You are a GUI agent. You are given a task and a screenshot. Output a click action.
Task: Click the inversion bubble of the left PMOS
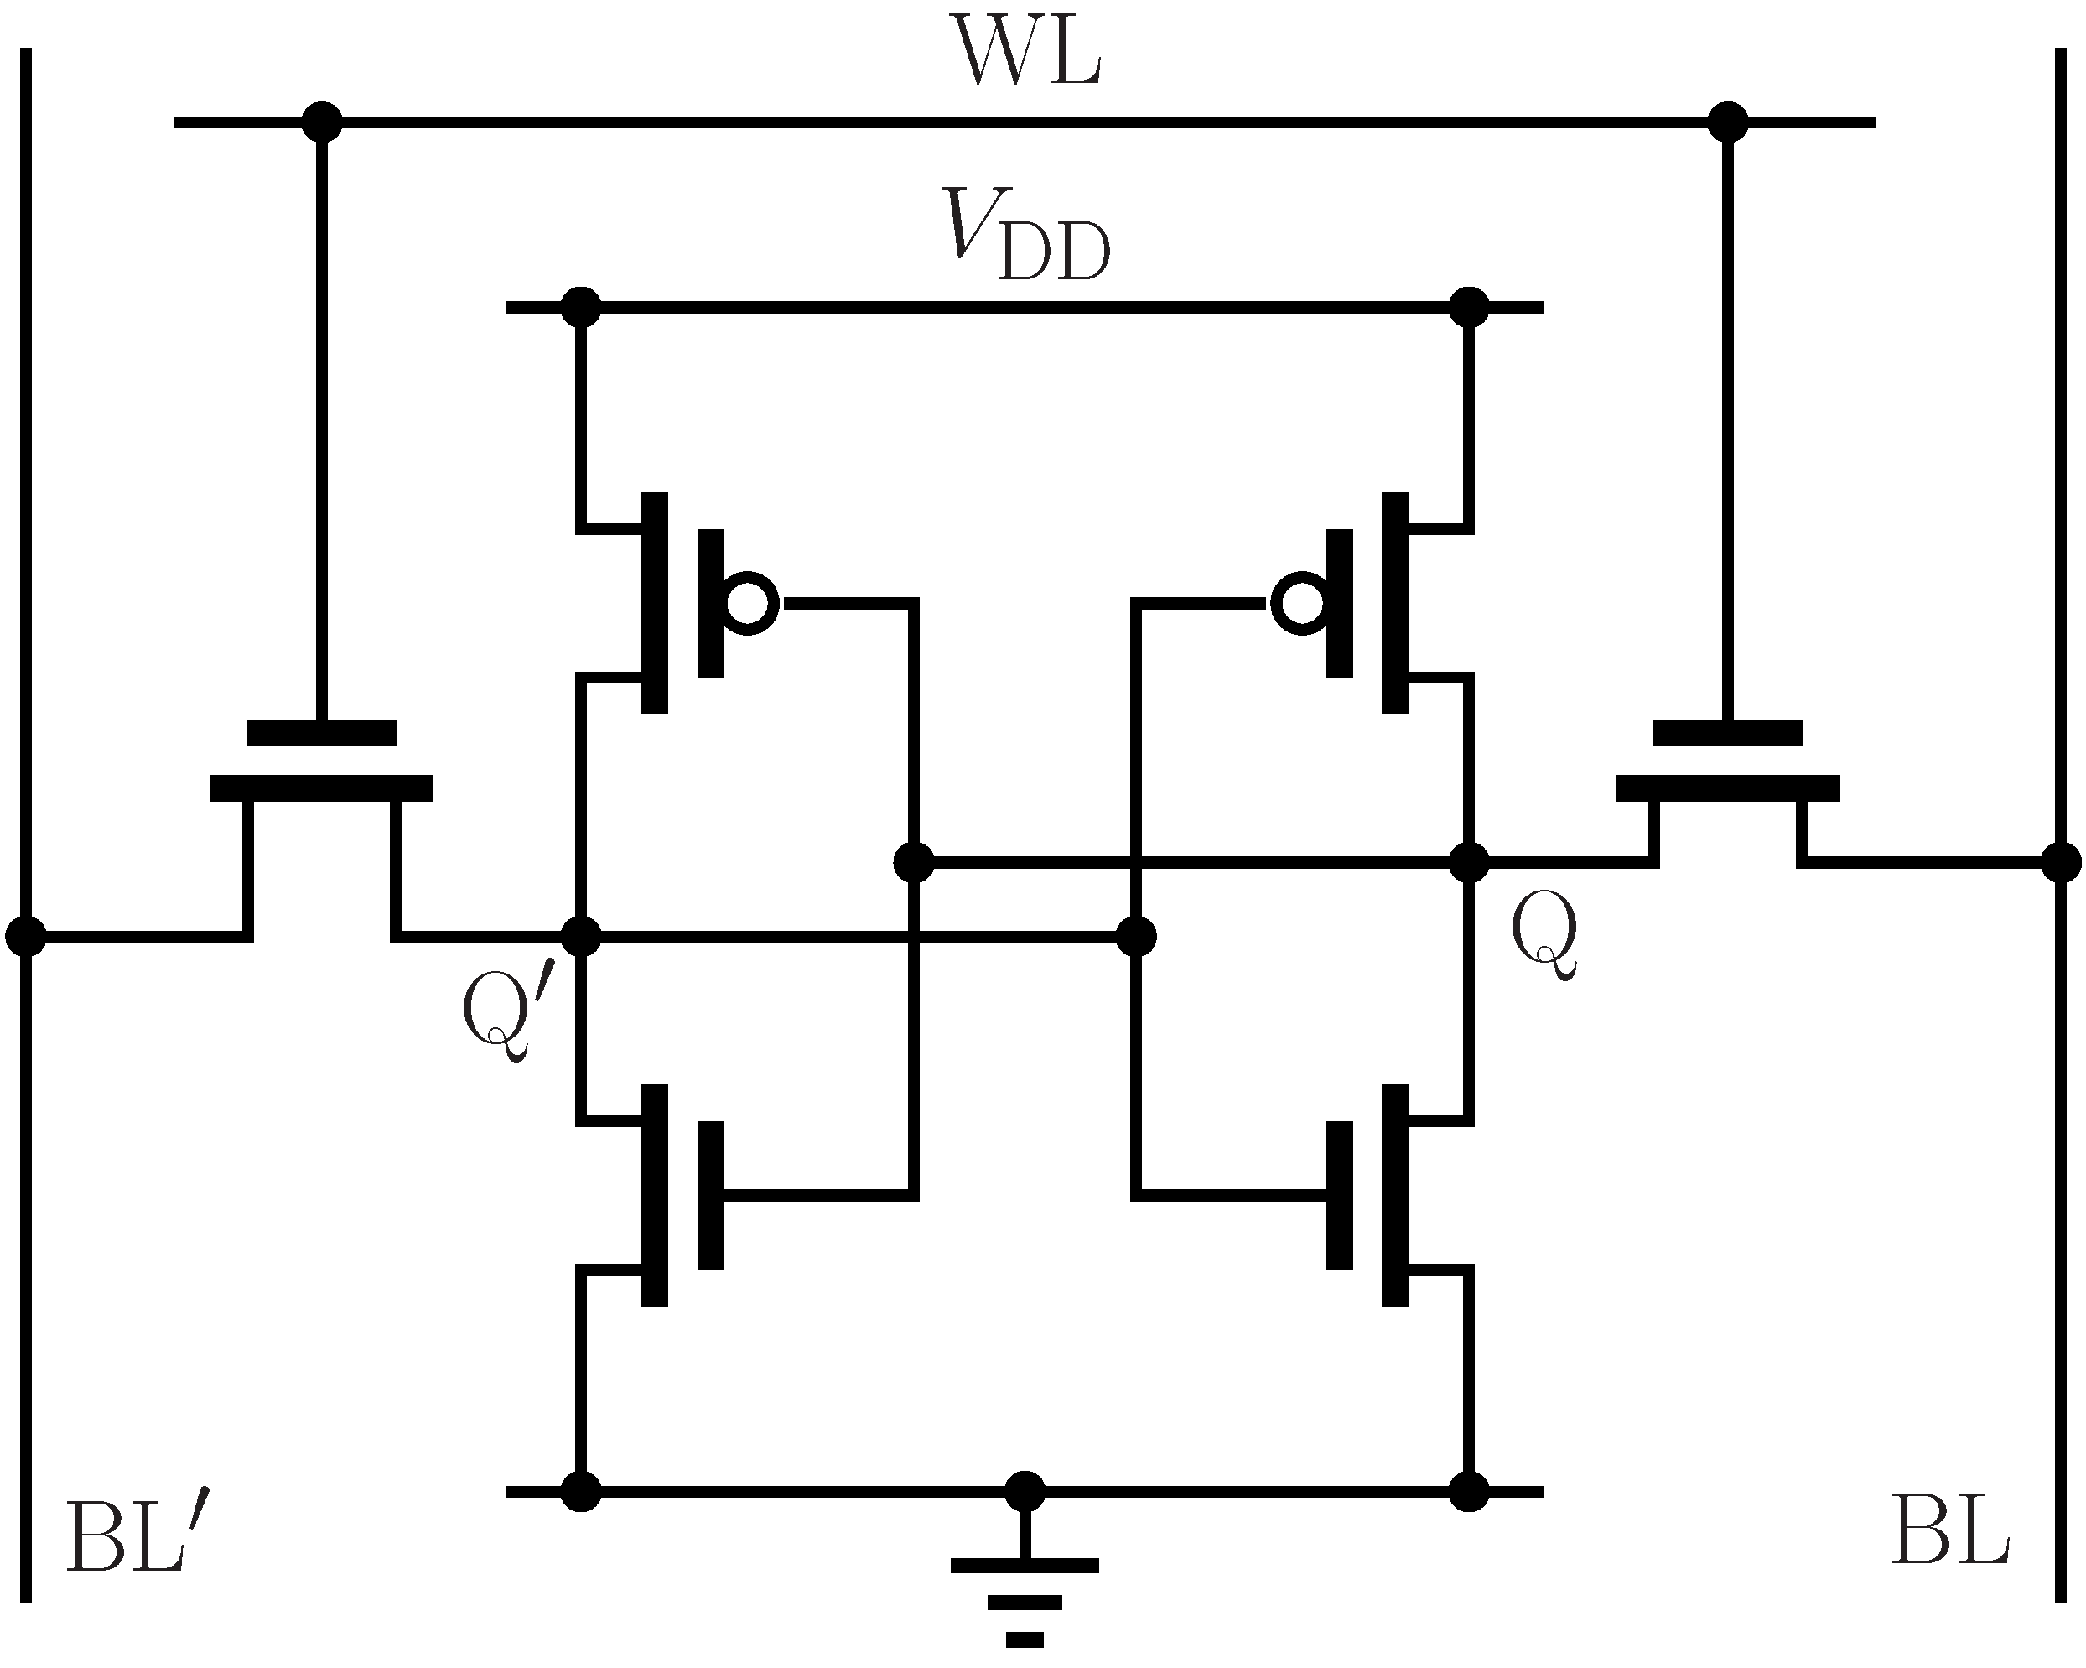pos(749,603)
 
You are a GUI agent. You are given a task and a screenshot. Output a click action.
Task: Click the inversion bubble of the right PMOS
pos(1300,603)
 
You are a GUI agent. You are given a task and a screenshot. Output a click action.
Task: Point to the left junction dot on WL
pos(322,122)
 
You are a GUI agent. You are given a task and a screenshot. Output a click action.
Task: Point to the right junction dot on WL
pos(1728,122)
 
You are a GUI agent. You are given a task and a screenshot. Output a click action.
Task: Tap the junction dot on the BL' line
pos(25,937)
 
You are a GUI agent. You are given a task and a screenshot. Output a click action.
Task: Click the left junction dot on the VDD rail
pos(582,308)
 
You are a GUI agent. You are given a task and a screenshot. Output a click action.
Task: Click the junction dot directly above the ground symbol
pos(1025,1492)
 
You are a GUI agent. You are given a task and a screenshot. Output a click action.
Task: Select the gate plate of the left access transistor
pos(322,732)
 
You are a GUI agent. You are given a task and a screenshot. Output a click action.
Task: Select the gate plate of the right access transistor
pos(1728,732)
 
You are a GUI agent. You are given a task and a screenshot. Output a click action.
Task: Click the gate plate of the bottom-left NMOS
pos(710,1195)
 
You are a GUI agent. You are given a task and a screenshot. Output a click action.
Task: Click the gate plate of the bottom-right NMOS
pos(1340,1195)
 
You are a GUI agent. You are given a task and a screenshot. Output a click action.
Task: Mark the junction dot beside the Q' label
pos(582,937)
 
